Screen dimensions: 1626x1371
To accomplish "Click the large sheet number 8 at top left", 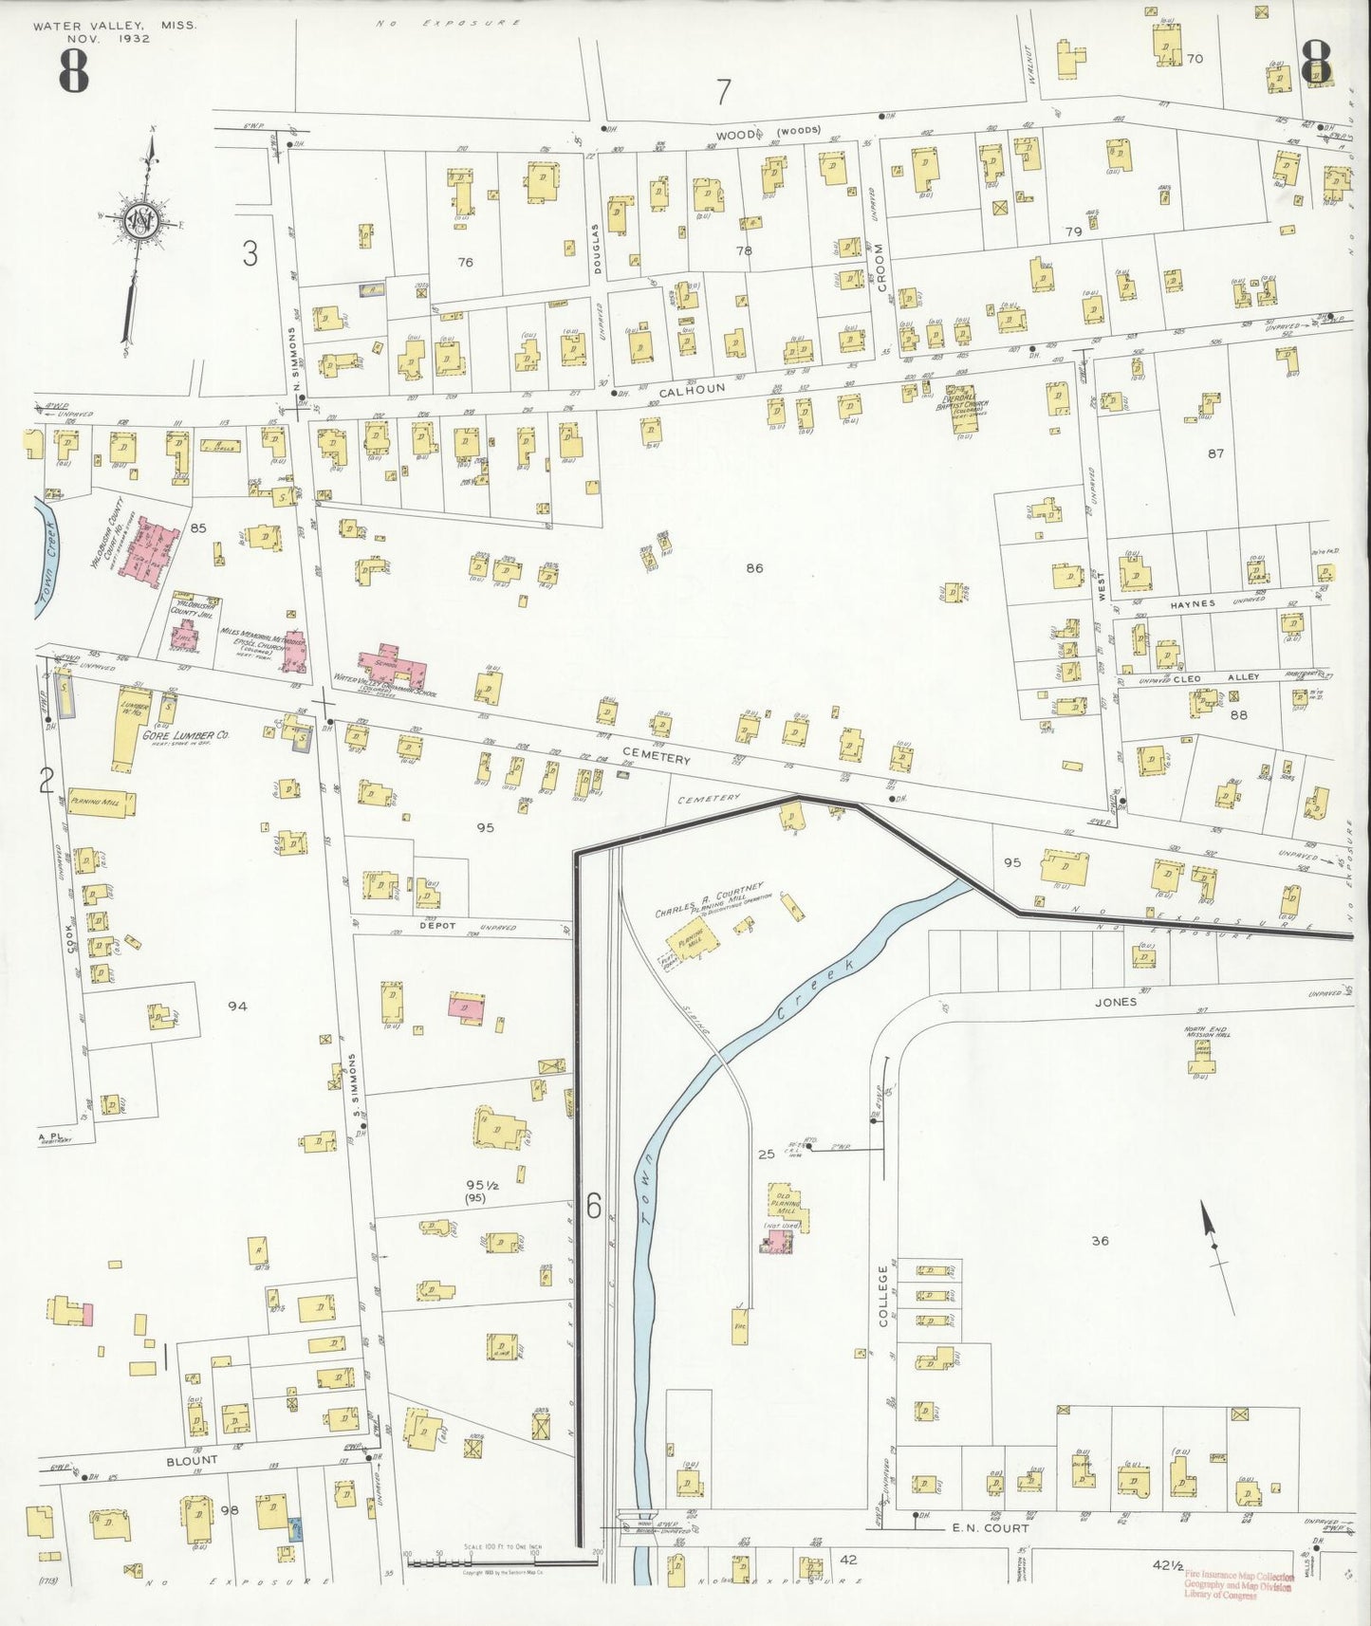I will point(73,70).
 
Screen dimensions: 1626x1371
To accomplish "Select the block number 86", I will point(754,568).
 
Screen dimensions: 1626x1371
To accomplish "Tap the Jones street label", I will point(1115,1001).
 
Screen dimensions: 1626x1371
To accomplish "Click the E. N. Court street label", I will point(991,1528).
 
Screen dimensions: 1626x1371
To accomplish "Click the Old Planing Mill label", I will point(785,1199).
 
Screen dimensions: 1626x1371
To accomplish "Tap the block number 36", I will point(1100,1240).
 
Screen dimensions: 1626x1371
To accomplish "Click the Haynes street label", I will point(1192,603).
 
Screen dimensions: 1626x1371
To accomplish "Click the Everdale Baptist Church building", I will point(965,410).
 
